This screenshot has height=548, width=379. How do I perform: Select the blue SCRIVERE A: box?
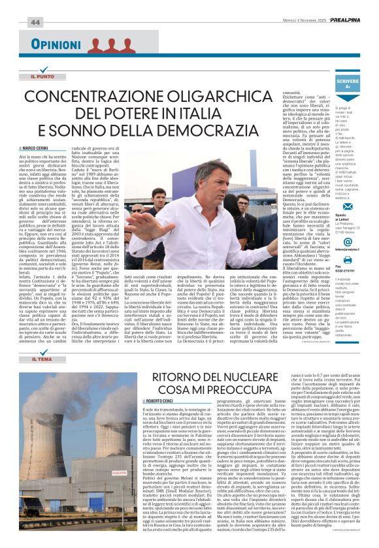click(x=348, y=82)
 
